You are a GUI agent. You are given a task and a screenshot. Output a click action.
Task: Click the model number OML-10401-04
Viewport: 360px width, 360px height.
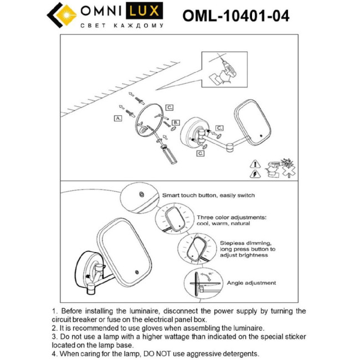click(x=235, y=16)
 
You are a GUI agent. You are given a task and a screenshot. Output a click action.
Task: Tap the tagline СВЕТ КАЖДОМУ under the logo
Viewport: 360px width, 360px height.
click(x=122, y=26)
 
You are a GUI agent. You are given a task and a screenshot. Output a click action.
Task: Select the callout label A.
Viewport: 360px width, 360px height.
click(x=118, y=118)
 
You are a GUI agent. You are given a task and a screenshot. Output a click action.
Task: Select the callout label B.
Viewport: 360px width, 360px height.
click(x=176, y=122)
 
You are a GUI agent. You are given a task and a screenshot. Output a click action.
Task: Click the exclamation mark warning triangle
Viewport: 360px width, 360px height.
click(x=254, y=164)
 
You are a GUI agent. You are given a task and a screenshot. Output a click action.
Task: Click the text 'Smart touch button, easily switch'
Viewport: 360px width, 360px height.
click(x=208, y=196)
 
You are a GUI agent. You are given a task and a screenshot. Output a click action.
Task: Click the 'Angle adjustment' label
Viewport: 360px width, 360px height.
click(x=251, y=282)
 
